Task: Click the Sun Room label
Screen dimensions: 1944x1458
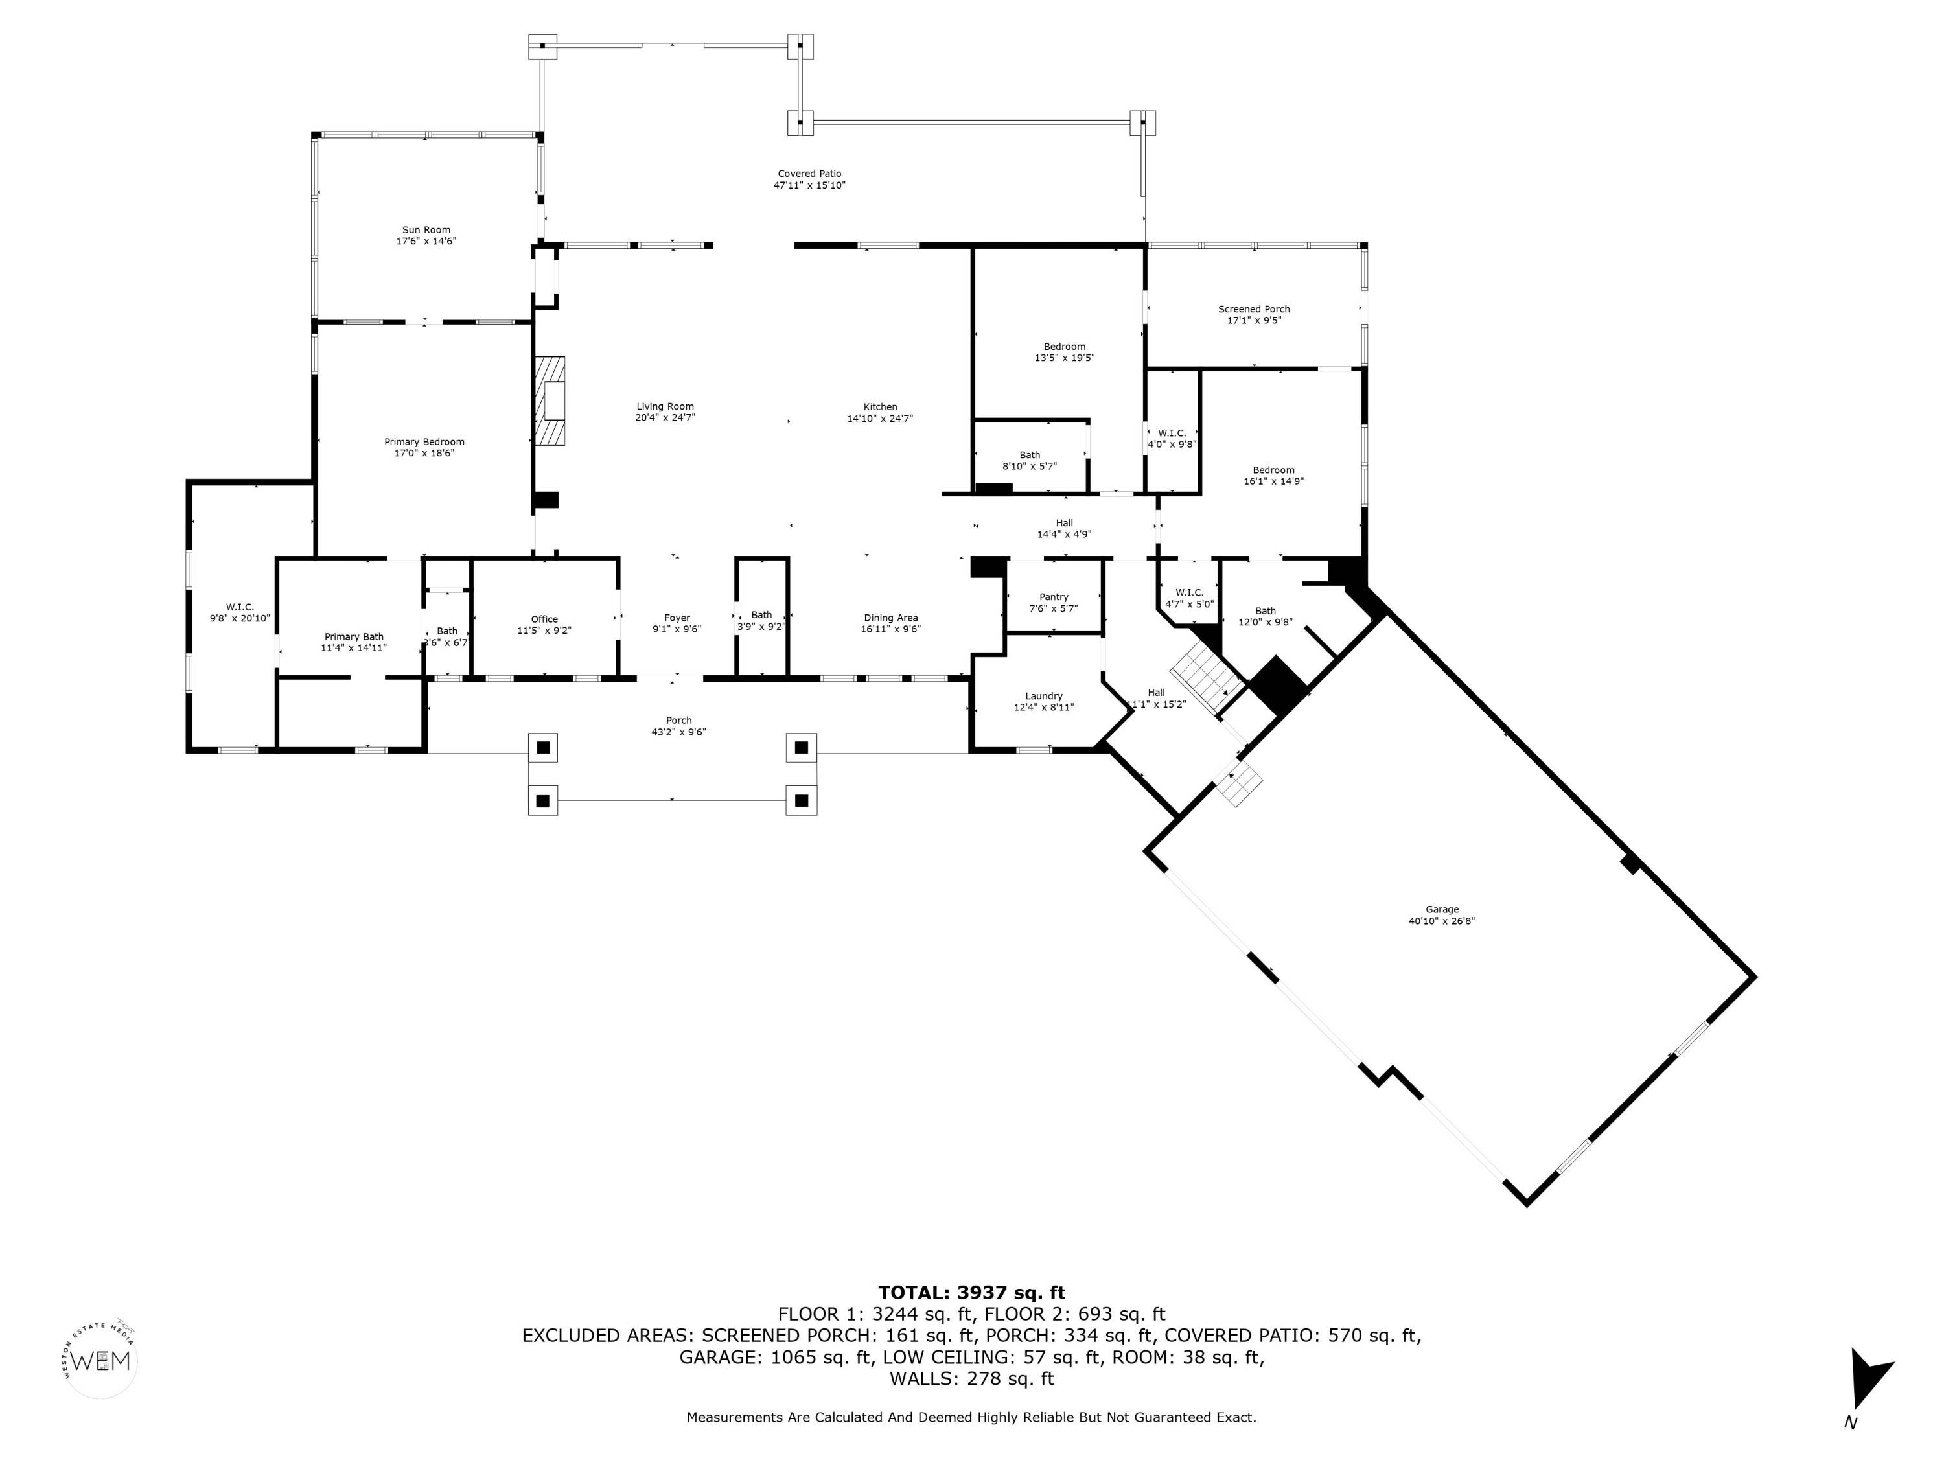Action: coord(426,230)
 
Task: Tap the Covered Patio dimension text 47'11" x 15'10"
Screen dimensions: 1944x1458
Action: coord(809,185)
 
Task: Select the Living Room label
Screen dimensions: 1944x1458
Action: coord(665,407)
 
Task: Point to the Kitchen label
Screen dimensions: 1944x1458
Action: coord(880,407)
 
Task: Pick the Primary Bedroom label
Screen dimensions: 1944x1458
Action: coord(424,442)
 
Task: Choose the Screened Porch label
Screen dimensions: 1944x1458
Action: coord(1254,309)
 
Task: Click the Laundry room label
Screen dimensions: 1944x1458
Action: coord(1044,696)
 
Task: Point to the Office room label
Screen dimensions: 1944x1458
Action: coord(544,619)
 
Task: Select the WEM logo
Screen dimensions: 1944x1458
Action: coord(102,1360)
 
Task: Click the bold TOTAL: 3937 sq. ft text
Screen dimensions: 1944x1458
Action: coord(972,1293)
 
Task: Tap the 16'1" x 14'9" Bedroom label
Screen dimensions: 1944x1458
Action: coord(1273,481)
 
